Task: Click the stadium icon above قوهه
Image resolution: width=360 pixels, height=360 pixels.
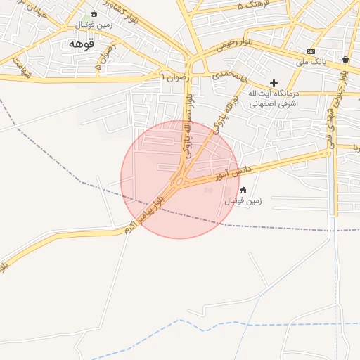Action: (x=94, y=13)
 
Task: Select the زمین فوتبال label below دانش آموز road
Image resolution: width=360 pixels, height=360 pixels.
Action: (x=243, y=200)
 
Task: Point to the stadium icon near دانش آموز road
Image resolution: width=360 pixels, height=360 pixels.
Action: (x=243, y=189)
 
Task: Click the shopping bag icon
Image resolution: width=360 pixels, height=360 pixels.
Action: (x=345, y=60)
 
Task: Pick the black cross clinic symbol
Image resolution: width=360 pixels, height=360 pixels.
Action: (x=274, y=83)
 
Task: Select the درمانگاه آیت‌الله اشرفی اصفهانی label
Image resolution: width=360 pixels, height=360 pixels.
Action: (x=274, y=98)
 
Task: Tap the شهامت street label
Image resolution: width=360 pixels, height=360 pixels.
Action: (x=22, y=67)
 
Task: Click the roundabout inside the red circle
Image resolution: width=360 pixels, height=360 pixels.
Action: (x=181, y=181)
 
